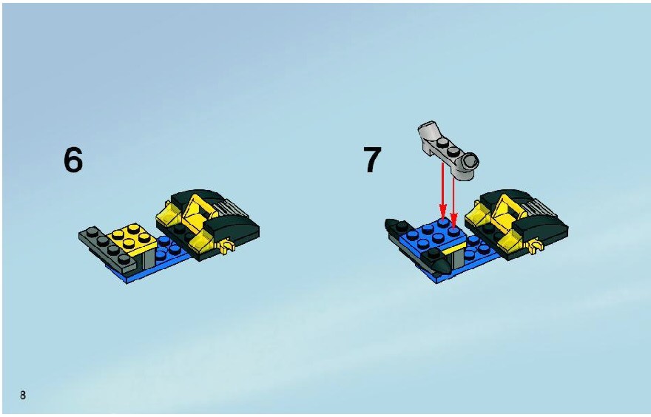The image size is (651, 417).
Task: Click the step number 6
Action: click(73, 160)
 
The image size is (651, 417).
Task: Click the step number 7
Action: click(372, 160)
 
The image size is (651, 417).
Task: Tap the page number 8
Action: click(23, 395)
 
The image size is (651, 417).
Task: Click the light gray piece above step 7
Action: click(448, 149)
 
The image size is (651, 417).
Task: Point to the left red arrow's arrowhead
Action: click(443, 211)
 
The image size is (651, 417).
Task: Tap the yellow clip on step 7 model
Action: click(536, 247)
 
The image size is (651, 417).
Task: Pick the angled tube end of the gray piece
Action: click(428, 129)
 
